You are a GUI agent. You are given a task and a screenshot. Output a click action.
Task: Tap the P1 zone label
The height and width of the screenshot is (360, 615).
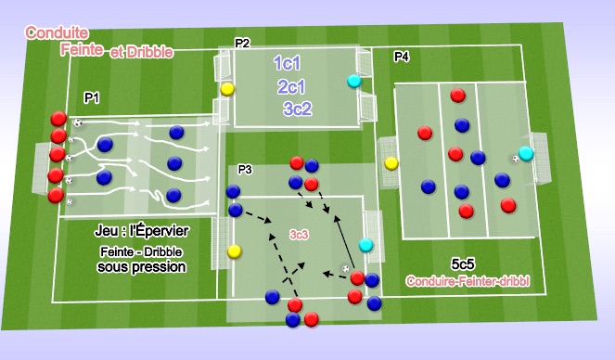(92, 96)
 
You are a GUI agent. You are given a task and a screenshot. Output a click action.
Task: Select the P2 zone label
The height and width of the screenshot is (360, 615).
(242, 43)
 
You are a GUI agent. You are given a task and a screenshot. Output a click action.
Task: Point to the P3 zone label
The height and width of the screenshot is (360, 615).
(246, 169)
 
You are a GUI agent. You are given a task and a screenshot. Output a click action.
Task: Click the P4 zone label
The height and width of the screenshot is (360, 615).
(402, 58)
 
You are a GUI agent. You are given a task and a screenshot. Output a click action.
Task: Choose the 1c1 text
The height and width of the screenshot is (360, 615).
(291, 63)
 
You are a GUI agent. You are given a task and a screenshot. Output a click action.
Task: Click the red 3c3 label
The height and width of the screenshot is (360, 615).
(300, 236)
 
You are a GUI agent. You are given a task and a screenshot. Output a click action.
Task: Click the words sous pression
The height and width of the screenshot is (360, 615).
(141, 267)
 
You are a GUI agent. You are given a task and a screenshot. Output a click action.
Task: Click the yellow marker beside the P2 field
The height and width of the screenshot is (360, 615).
(227, 90)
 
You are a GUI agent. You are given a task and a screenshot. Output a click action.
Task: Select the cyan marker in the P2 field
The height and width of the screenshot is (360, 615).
(353, 82)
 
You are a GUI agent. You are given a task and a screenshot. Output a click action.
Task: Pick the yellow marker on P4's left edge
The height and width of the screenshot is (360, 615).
(391, 164)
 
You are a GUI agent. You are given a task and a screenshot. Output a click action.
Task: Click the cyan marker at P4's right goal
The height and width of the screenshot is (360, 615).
(526, 153)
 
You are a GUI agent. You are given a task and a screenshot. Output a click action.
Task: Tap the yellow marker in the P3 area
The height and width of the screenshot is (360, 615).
(235, 250)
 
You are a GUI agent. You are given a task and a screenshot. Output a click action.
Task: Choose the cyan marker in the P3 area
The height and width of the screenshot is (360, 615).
(366, 245)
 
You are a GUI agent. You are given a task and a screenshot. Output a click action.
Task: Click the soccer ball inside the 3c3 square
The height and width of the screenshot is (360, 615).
(346, 269)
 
